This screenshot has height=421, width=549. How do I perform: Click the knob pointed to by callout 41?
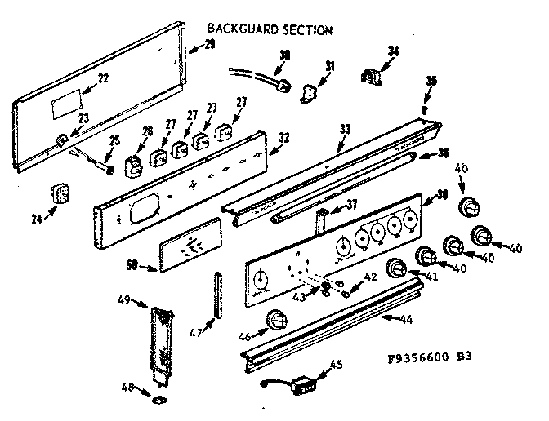tap(397, 268)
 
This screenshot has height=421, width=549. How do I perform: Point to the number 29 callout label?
tap(210, 44)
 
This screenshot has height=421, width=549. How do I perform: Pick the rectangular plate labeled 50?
tap(187, 244)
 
